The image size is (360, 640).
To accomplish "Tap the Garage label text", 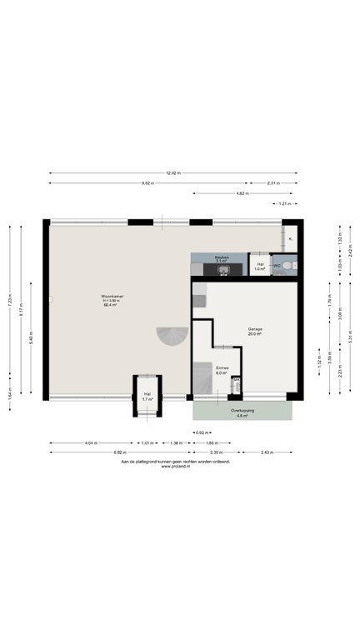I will point(255,329).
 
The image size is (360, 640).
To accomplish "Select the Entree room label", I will point(222,369).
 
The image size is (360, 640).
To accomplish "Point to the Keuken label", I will point(222,257).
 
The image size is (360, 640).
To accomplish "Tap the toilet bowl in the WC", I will point(287,266).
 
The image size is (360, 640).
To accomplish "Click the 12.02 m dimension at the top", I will point(172,173).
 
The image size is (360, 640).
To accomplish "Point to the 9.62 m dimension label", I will point(147,182).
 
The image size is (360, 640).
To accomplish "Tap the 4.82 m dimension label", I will point(242,192).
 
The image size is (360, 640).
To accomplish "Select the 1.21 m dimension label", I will point(284,202).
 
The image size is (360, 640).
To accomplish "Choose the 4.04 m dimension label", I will point(90,442).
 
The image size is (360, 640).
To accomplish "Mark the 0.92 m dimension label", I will point(201,432).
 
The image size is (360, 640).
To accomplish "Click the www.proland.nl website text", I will point(175,466).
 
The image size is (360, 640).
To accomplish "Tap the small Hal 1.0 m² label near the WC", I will point(260,267).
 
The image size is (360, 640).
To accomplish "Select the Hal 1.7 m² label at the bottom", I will point(147,397).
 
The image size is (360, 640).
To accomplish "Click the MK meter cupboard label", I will point(237,380).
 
